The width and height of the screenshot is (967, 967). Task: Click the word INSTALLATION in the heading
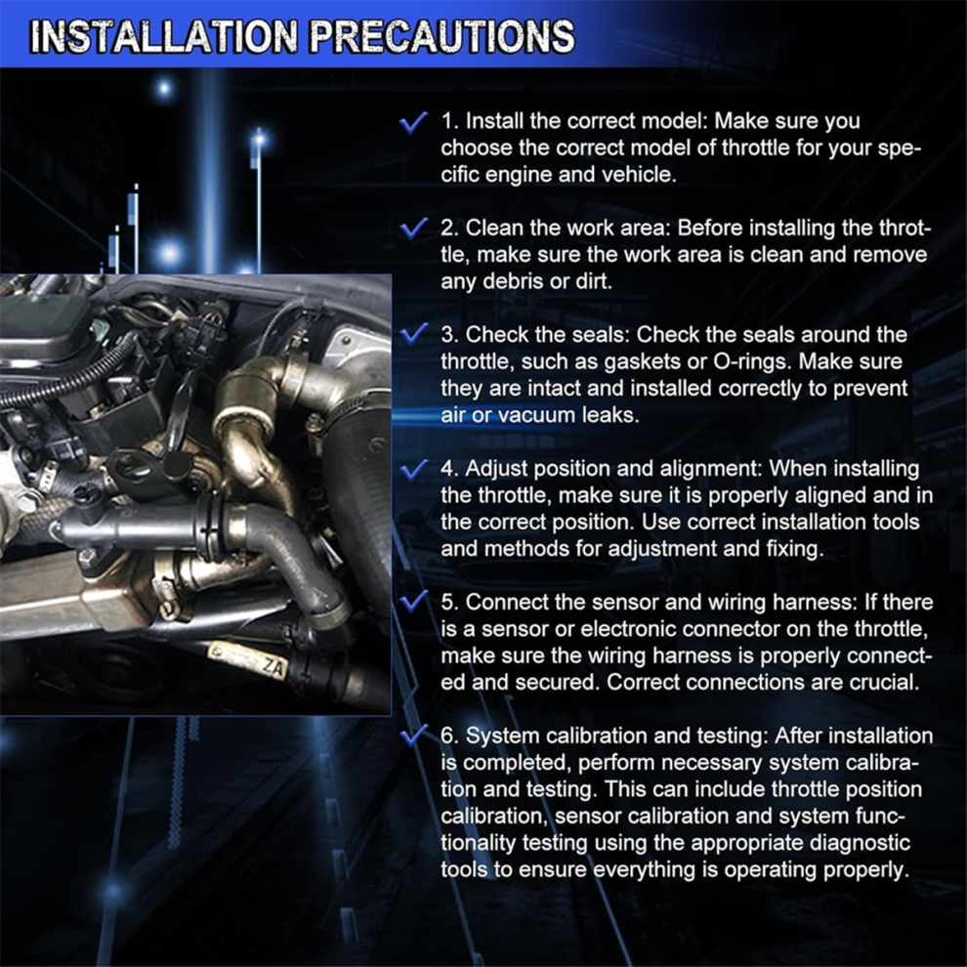(x=164, y=36)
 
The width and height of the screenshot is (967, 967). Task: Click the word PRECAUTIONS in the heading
(x=441, y=36)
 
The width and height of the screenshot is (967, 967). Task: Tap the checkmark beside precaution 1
(x=413, y=122)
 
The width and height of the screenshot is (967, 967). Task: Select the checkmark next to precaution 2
(x=413, y=229)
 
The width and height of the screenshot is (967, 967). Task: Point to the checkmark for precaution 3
(x=413, y=334)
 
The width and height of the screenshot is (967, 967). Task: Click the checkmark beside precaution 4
(x=413, y=469)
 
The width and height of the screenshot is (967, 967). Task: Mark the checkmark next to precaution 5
(x=413, y=601)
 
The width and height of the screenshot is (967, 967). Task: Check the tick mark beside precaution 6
(x=413, y=735)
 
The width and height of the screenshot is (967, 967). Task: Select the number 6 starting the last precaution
(x=450, y=736)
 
